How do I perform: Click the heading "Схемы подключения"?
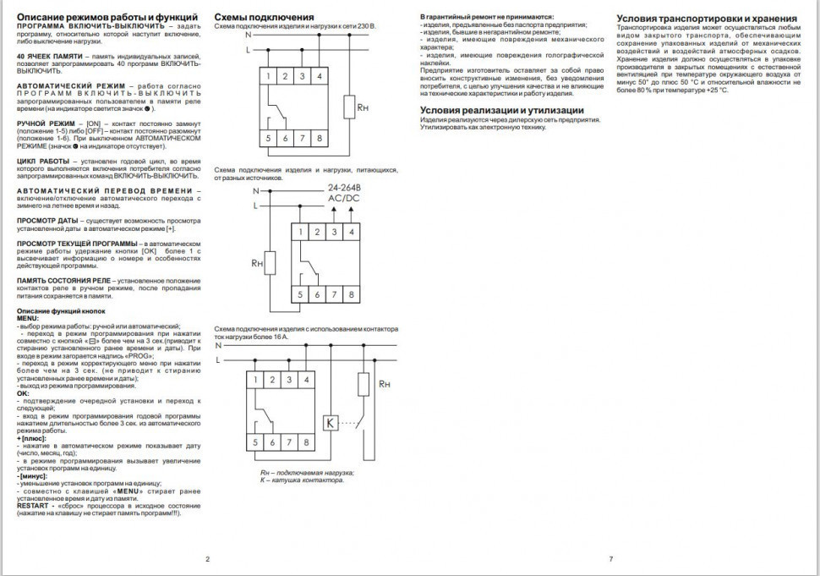[264, 17]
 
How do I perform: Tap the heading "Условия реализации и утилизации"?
[502, 110]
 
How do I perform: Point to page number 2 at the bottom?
[206, 558]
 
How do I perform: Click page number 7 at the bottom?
[610, 558]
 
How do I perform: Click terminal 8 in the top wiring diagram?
[320, 137]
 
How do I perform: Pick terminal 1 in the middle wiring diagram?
[300, 232]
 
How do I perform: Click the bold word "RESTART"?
[33, 505]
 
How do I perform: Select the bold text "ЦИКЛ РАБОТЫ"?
[44, 160]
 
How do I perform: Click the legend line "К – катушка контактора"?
[302, 480]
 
